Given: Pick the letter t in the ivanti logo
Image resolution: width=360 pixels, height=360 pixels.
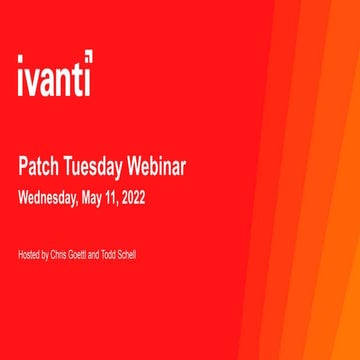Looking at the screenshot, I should (76, 77).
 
